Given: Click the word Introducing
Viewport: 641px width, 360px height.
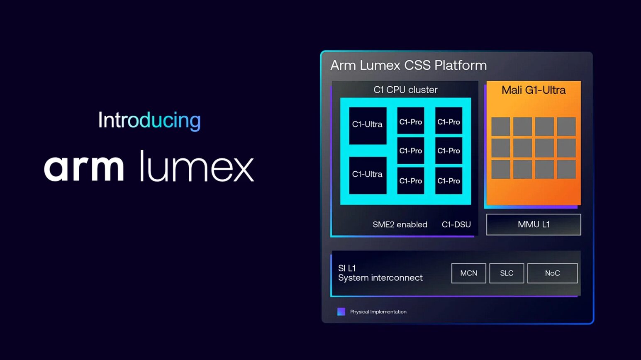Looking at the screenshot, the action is coord(149,120).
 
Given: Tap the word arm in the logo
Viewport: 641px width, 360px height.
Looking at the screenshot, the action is coord(84,168).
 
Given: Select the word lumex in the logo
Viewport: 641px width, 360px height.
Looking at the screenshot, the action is coord(197,166).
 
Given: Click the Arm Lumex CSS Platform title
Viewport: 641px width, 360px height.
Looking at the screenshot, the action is coord(408,66).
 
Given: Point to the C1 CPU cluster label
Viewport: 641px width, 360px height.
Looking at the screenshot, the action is coord(405,90).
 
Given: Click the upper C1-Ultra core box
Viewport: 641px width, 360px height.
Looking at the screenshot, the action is coord(368,126).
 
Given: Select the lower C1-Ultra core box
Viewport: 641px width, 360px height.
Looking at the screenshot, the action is coord(368,175).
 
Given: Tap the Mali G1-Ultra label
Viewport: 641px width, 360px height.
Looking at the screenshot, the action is coord(534,90).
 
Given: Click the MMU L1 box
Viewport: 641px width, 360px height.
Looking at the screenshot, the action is coord(534,225).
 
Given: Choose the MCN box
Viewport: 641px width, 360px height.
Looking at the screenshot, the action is coord(469,273).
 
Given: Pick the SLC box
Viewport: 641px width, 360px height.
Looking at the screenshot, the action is coord(507,273).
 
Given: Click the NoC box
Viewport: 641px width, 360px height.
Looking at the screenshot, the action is coord(553,273).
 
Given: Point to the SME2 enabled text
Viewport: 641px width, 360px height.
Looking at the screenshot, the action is coord(400,225).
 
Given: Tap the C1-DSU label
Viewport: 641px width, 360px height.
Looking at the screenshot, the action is coord(456,225).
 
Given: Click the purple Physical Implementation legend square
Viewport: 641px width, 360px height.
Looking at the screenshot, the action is coord(341,311).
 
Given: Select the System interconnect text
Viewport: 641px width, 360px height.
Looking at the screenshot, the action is coord(380,278).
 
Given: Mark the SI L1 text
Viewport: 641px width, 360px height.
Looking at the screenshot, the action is coord(347,268).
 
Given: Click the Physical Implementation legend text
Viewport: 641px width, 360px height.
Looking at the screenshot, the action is coord(378,311).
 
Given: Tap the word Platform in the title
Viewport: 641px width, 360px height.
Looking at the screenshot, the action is coord(461,66).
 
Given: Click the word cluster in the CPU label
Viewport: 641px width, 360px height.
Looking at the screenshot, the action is coord(423,90).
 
